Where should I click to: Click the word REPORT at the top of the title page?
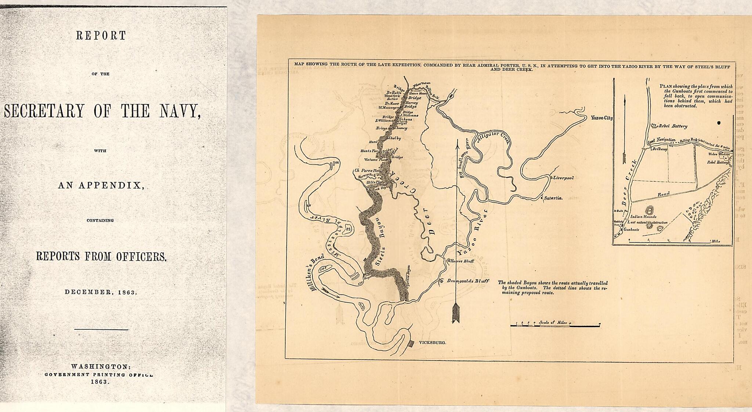[101, 36]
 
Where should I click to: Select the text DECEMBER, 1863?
[101, 292]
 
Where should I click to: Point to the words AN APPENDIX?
[100, 185]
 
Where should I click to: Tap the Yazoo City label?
[601, 118]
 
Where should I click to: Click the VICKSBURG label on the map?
[432, 342]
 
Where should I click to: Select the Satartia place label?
[553, 198]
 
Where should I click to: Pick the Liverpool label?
[563, 178]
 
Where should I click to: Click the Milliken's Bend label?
[318, 272]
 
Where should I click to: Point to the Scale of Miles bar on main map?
[555, 325]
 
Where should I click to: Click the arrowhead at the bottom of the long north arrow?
[456, 313]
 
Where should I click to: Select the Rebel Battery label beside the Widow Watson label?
[717, 162]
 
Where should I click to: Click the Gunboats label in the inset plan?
[632, 230]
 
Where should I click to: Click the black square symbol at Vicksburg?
[411, 343]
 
